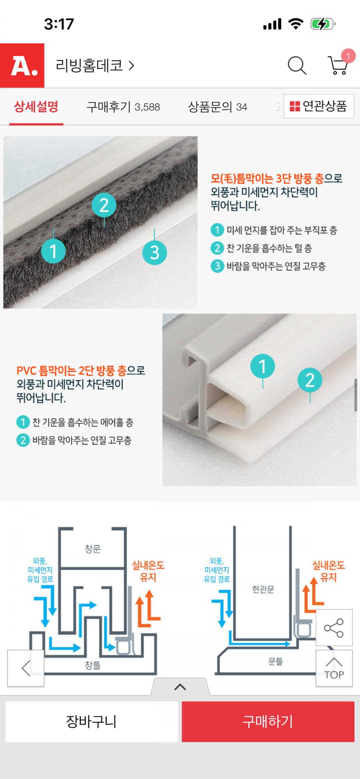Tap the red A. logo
point(22,65)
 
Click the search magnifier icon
point(297,65)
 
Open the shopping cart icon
point(339,65)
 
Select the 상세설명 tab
point(36,107)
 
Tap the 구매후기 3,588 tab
point(123,107)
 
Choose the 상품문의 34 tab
point(217,107)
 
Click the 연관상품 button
point(319,106)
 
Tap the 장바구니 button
point(92,722)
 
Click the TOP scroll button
point(334,668)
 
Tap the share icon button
point(334,628)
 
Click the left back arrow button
point(26,668)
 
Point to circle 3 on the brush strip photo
point(154,252)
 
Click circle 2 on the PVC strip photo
point(310,380)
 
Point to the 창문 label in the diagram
point(92,549)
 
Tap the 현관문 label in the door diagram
point(263,589)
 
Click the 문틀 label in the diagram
point(276,662)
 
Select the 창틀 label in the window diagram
point(92,666)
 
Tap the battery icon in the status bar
point(323,24)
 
